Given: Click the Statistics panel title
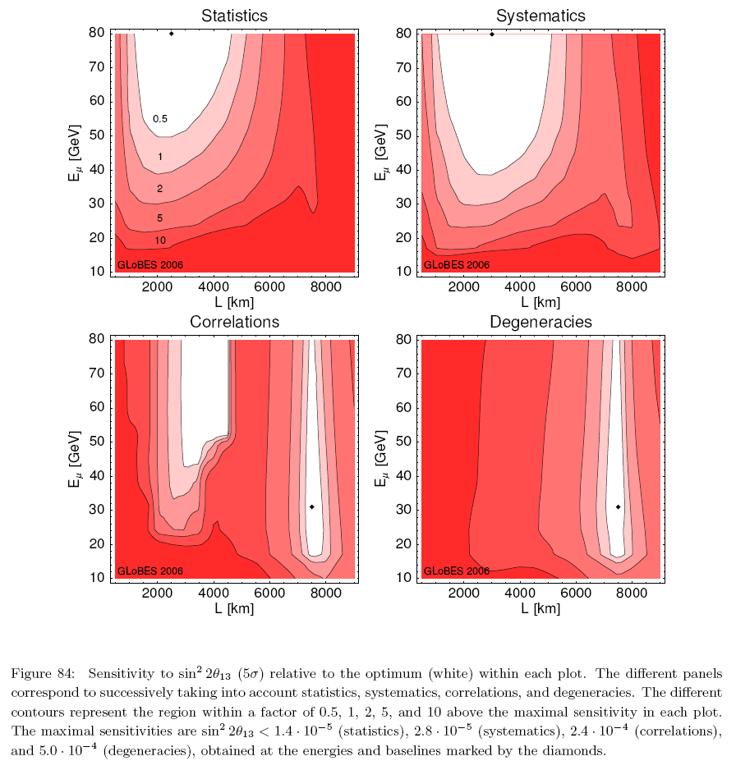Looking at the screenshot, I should pyautogui.click(x=234, y=16).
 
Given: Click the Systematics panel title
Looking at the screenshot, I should pyautogui.click(x=540, y=16).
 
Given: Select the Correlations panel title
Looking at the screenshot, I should pyautogui.click(x=234, y=322).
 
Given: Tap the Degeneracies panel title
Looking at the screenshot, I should pyautogui.click(x=540, y=322).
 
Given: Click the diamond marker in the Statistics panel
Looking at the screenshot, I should pyautogui.click(x=172, y=34).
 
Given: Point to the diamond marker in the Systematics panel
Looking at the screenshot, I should pyautogui.click(x=492, y=34).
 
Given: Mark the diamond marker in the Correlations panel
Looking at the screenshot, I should pyautogui.click(x=312, y=507).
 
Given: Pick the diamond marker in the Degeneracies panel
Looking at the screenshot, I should pyautogui.click(x=618, y=507).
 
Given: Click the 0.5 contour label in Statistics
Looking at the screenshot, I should pyautogui.click(x=160, y=119).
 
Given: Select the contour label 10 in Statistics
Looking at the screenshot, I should pyautogui.click(x=160, y=241).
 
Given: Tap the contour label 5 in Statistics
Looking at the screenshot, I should pyautogui.click(x=159, y=218).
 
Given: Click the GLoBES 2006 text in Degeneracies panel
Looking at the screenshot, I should pyautogui.click(x=456, y=571).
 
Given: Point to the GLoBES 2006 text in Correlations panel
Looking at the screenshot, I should pyautogui.click(x=150, y=571).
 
